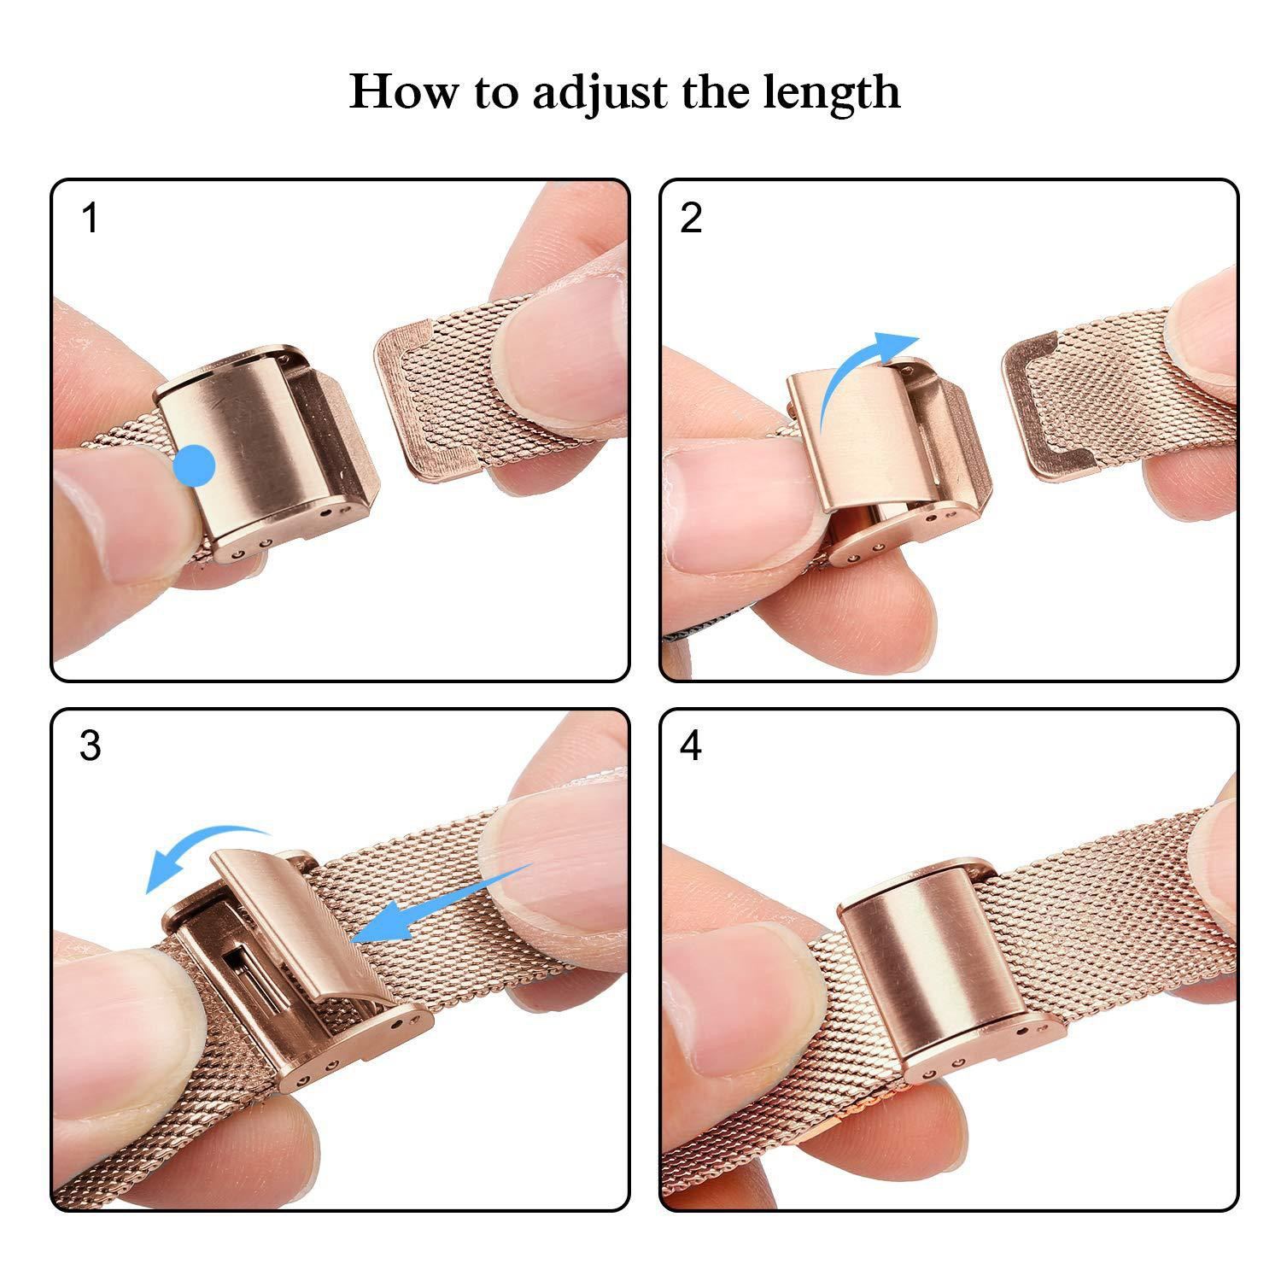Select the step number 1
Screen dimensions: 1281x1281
tap(90, 219)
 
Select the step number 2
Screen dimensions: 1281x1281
tap(691, 219)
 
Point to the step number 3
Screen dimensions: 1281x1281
tap(90, 746)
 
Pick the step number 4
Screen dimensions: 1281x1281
tap(691, 746)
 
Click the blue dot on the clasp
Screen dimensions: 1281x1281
tap(195, 465)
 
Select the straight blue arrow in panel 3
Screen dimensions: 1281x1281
tap(444, 905)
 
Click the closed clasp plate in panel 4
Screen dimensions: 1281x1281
tap(931, 956)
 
